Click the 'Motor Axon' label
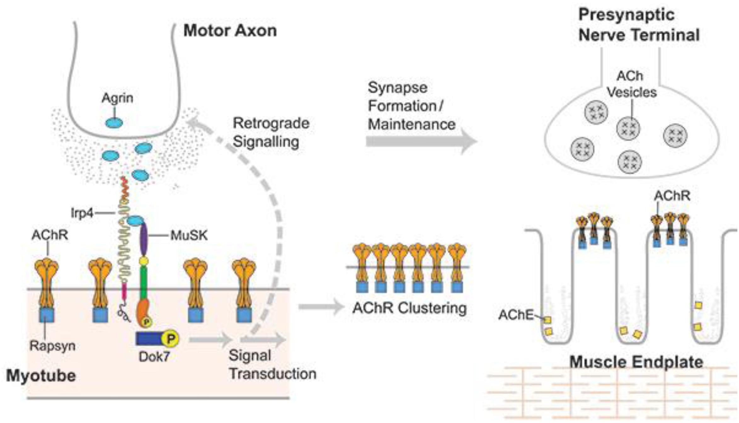pos(230,31)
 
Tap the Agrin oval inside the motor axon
pos(114,123)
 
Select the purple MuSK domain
pos(144,240)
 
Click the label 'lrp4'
pos(82,213)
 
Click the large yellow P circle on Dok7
pos(170,339)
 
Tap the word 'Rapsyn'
pos(52,346)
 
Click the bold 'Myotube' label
pos(41,376)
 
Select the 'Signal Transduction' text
pos(272,365)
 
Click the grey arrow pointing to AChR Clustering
pos(321,307)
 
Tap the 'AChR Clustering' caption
pos(409,308)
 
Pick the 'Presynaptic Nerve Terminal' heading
pos(639,25)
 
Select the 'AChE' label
pos(516,315)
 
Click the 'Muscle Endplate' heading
pos(636,362)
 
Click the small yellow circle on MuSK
pos(144,261)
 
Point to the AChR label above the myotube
pos(49,235)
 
